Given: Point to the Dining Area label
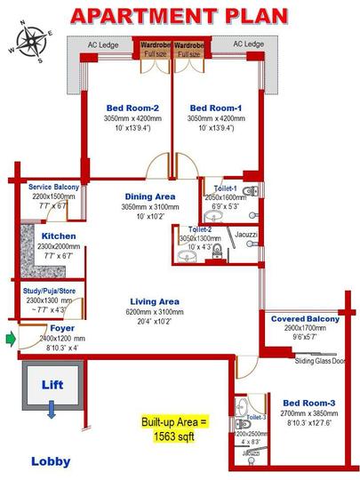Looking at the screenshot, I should tap(148, 196).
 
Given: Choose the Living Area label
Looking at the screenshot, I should tap(156, 301).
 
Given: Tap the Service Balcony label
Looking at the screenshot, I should tap(53, 188).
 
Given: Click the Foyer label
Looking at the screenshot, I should tap(51, 328).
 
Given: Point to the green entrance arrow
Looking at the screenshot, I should tap(10, 338).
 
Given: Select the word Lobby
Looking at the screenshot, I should tap(51, 461).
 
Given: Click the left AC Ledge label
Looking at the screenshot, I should tap(101, 44).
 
